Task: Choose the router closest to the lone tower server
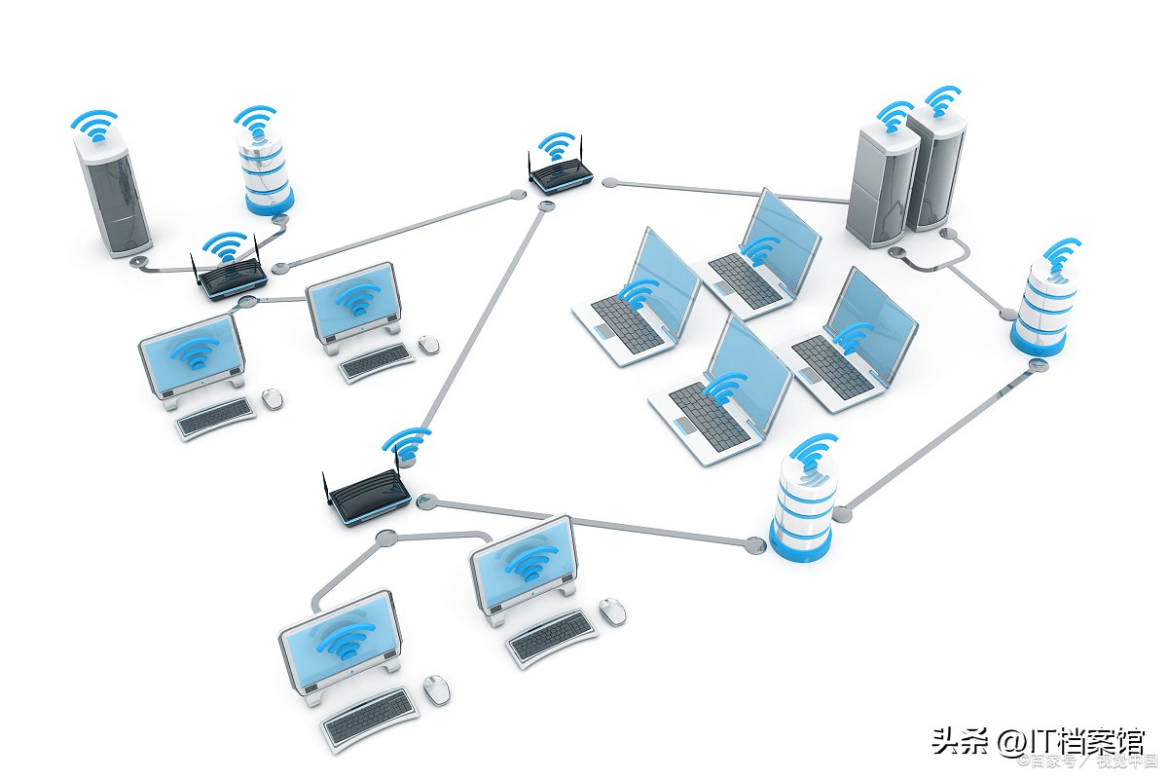[230, 277]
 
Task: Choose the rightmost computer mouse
[612, 612]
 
